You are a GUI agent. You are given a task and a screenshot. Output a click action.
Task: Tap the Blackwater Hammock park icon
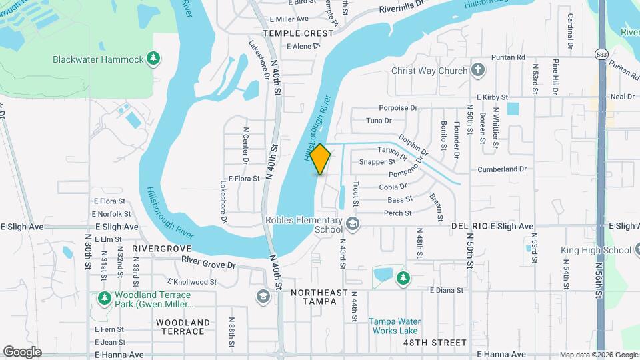pos(154,59)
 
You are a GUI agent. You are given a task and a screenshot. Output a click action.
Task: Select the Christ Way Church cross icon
pos(477,71)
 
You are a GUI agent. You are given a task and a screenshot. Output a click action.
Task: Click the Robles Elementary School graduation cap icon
pos(353,225)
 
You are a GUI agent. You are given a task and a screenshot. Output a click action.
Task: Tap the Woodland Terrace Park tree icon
pos(103,298)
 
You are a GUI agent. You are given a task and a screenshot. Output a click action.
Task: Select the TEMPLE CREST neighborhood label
pos(297,33)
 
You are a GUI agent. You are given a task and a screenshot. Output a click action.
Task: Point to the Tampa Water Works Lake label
pos(393,325)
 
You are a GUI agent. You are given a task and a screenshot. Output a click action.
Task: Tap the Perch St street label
pos(397,213)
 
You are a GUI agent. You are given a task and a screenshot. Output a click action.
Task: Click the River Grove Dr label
pos(209,263)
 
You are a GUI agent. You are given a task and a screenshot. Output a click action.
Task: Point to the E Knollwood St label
pos(192,282)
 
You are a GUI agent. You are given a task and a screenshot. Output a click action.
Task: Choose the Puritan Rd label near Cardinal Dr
pos(508,57)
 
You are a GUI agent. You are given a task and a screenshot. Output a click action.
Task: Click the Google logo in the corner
pos(22,352)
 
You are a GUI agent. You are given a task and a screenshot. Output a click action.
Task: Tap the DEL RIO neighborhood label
pos(469,227)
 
